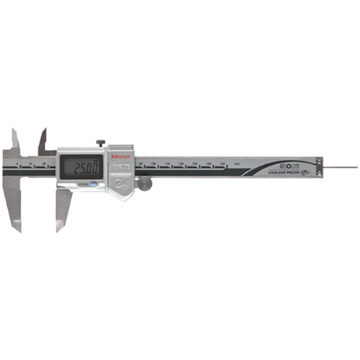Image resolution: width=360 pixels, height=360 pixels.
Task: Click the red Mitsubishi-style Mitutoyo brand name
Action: coord(120,153)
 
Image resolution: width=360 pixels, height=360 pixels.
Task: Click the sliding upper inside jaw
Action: coord(42,138)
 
